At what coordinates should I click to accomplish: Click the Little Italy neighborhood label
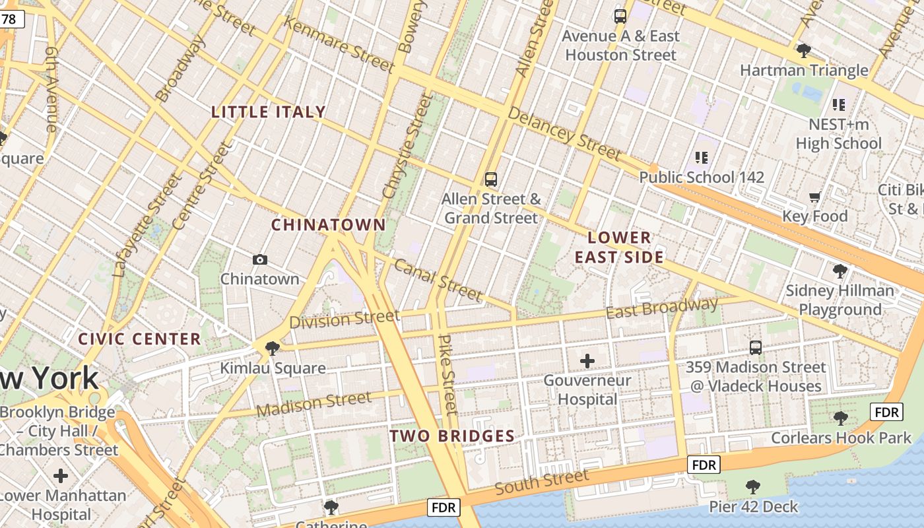[x=269, y=112]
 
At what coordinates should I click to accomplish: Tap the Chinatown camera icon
[x=260, y=260]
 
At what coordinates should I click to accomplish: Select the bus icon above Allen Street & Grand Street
[x=490, y=179]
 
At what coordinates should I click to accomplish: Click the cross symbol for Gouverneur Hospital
[x=587, y=360]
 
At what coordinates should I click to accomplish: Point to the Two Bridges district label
[x=451, y=436]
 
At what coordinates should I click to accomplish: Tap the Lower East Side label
[x=618, y=247]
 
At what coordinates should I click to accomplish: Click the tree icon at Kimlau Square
[x=272, y=348]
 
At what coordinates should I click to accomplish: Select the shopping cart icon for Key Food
[x=815, y=197]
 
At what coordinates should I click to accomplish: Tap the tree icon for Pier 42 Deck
[x=752, y=487]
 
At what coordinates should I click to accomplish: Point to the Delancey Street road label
[x=564, y=135]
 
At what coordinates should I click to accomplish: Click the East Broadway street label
[x=661, y=308]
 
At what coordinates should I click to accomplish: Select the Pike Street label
[x=447, y=374]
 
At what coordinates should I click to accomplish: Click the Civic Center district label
[x=139, y=339]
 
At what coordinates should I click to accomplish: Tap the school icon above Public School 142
[x=702, y=157]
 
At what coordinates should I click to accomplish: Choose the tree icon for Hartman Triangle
[x=803, y=50]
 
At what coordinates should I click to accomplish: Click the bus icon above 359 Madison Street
[x=756, y=347]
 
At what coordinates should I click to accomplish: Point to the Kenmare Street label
[x=339, y=44]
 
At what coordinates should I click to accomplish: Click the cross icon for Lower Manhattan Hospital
[x=61, y=475]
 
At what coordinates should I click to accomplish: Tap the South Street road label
[x=541, y=482]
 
